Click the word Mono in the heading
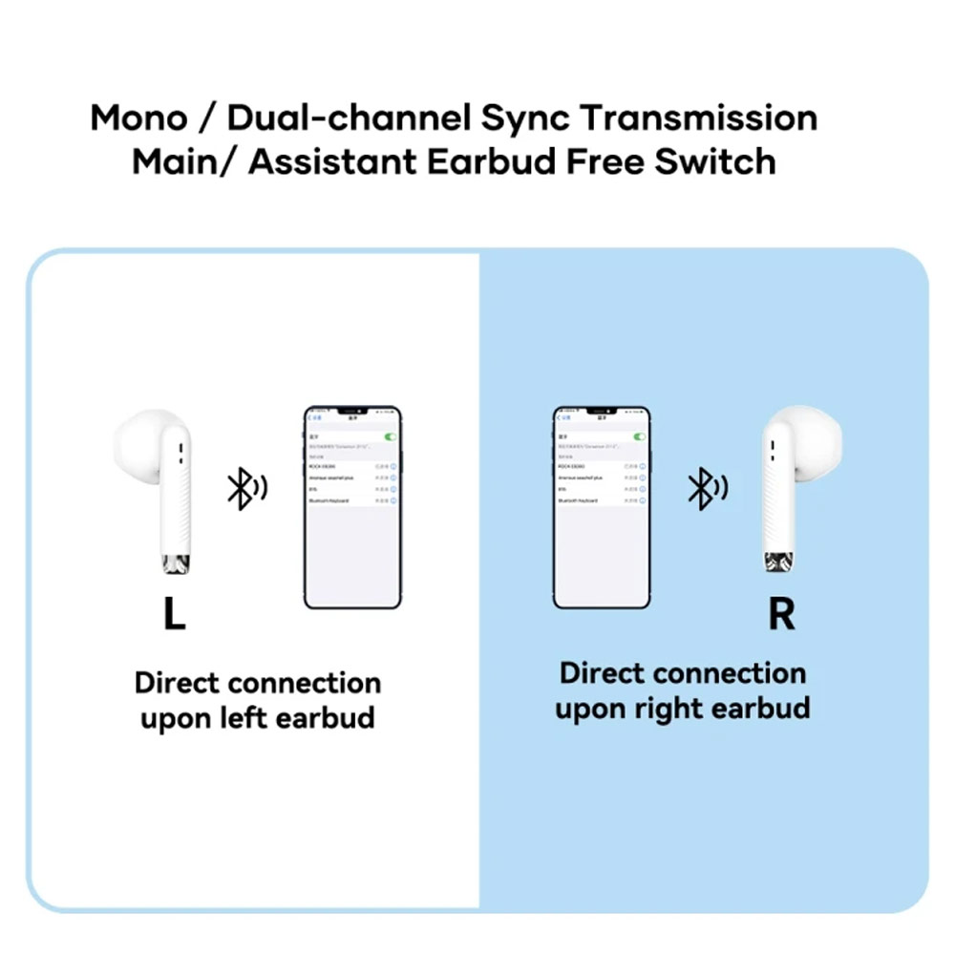[x=139, y=118]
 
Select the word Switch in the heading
[x=715, y=161]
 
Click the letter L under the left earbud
[x=173, y=614]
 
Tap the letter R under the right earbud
[x=781, y=614]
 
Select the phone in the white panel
[x=352, y=507]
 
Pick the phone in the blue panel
[x=602, y=507]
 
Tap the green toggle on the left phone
[x=388, y=436]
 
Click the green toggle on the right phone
[x=639, y=436]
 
